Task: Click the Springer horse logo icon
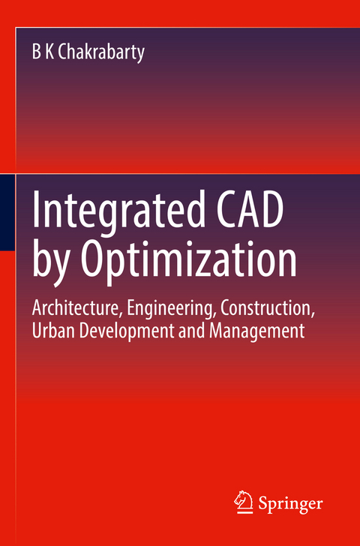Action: click(245, 502)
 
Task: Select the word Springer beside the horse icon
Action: click(292, 503)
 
